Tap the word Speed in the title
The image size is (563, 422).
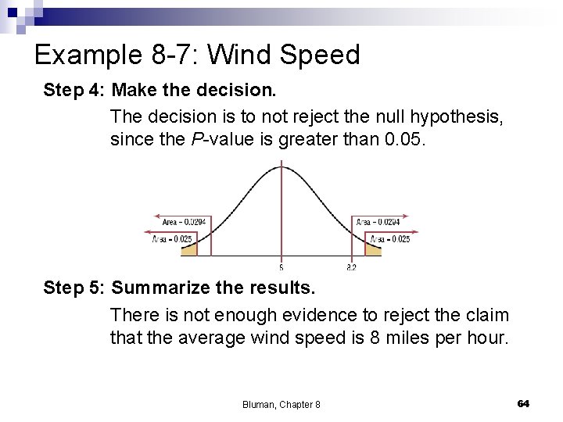point(319,55)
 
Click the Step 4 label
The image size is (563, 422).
point(74,91)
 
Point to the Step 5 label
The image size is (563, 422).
point(74,288)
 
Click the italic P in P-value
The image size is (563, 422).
point(199,140)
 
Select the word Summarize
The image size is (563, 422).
point(160,288)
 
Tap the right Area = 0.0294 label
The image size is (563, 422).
point(379,222)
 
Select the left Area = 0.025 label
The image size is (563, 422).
point(172,239)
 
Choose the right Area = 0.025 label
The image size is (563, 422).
point(389,239)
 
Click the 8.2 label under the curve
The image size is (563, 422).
point(351,267)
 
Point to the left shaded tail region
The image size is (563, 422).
point(188,251)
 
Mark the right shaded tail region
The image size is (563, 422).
point(373,251)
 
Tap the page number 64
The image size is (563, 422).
point(523,403)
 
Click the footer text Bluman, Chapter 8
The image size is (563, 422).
point(281,404)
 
